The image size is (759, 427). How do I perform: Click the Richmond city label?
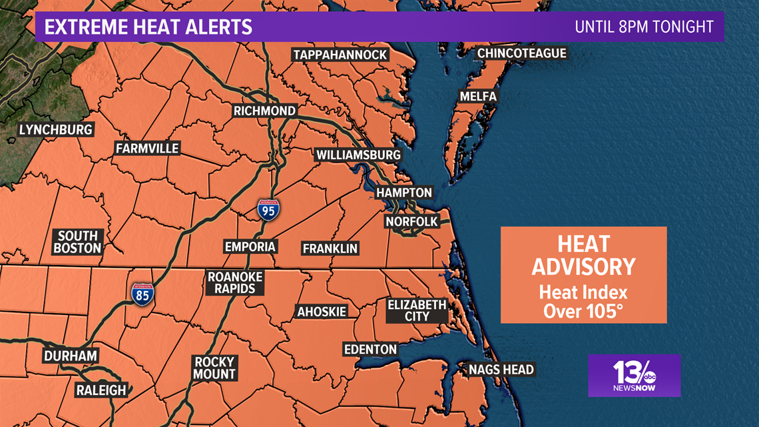(x=264, y=111)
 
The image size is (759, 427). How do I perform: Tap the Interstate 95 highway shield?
(x=268, y=209)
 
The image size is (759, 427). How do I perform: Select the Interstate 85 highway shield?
(x=142, y=294)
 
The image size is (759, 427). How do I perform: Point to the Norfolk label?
(x=411, y=221)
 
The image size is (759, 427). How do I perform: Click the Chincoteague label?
(x=521, y=53)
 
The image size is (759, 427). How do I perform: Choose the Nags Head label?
(x=501, y=369)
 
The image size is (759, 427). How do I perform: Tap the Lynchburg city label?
(x=55, y=129)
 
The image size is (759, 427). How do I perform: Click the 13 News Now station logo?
(x=633, y=376)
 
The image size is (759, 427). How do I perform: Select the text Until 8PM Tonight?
(x=644, y=27)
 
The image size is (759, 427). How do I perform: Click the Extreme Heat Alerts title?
(x=148, y=27)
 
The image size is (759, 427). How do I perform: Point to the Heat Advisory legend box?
(x=583, y=274)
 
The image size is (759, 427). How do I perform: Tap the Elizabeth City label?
(x=417, y=310)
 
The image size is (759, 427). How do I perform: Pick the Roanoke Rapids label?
(x=235, y=282)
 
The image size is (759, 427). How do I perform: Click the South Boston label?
(x=78, y=242)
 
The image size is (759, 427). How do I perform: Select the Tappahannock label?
(x=340, y=55)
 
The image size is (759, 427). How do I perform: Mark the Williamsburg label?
(x=358, y=155)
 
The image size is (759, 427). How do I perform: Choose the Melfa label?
(x=478, y=97)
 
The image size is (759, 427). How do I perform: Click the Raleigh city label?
(x=101, y=390)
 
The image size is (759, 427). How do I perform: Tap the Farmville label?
(x=147, y=148)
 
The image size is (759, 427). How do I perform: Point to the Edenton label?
(x=370, y=349)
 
